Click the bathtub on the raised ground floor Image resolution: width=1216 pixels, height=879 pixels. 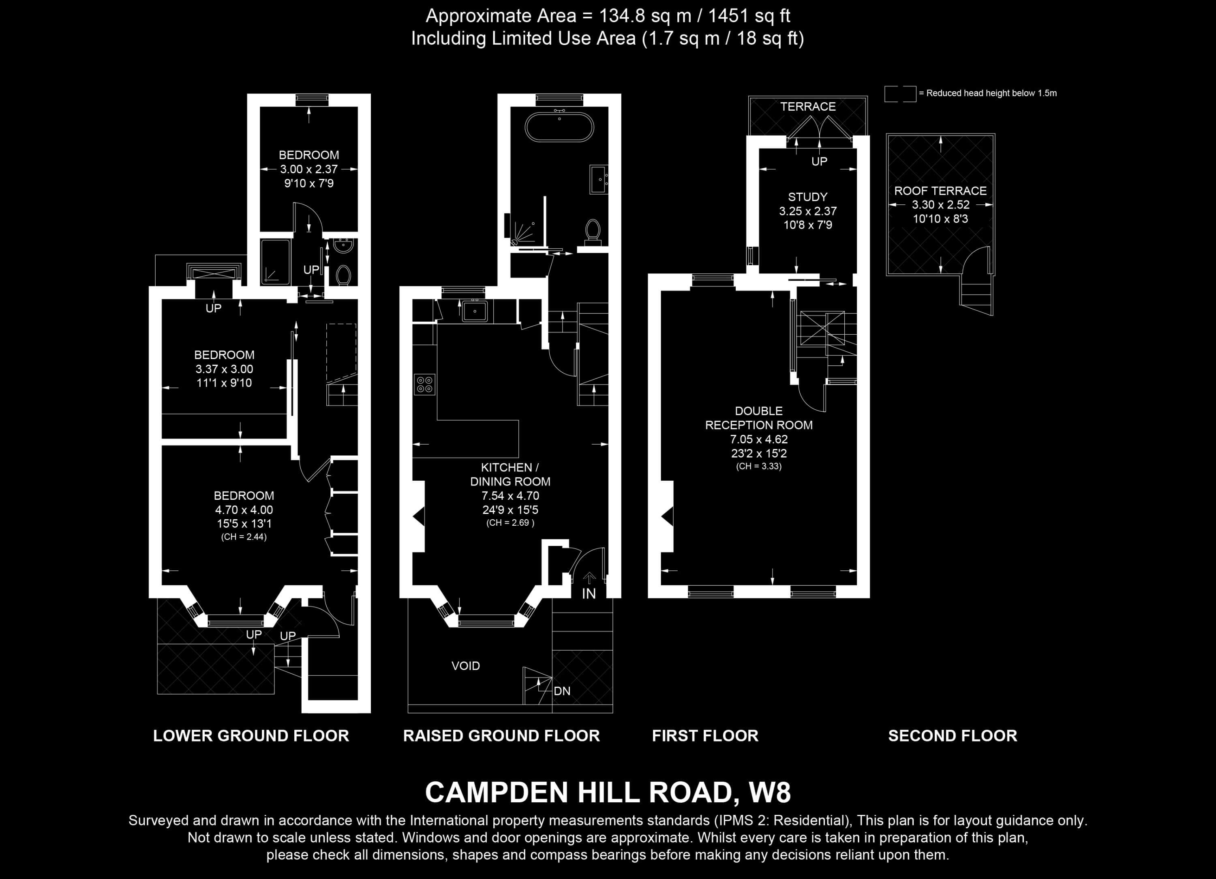pos(559,127)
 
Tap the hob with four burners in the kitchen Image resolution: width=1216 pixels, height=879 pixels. pos(425,384)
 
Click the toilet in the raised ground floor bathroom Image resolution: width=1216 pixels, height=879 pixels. pos(593,231)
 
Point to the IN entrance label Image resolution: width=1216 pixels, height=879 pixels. pos(589,593)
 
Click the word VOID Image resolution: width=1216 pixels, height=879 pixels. pos(465,666)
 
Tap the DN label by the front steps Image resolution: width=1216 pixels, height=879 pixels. pos(562,691)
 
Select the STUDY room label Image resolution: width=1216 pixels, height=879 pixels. pos(807,197)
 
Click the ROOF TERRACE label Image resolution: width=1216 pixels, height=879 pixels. pos(940,191)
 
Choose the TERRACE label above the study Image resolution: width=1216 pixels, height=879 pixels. pos(808,107)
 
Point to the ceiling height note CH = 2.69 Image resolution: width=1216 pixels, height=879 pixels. pos(510,523)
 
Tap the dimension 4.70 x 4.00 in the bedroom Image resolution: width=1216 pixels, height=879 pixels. pos(244,510)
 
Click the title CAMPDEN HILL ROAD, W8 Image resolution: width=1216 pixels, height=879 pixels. pos(608,792)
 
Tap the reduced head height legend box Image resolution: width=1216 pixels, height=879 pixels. pos(900,94)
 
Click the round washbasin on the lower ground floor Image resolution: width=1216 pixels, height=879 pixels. pos(342,246)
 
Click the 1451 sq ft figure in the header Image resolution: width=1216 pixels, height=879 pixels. pos(749,16)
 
